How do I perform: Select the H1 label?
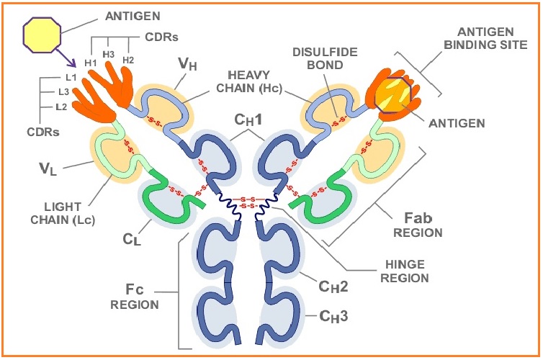[91, 63]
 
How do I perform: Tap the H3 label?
[109, 54]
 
